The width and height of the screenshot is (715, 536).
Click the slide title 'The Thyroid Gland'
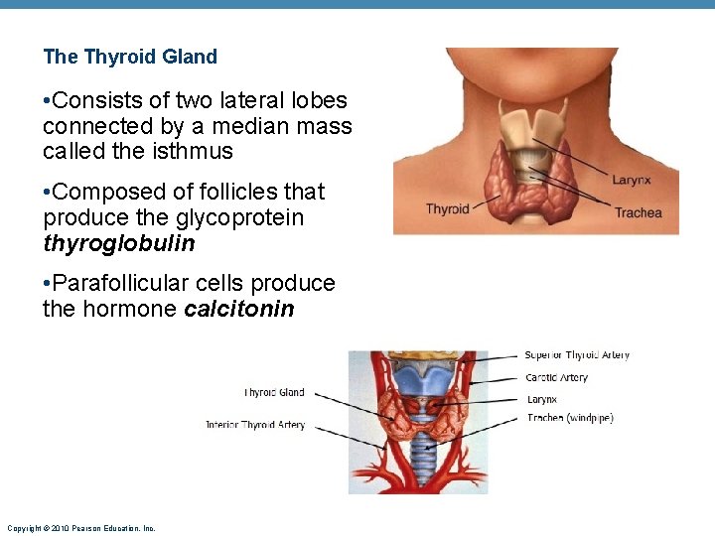(130, 57)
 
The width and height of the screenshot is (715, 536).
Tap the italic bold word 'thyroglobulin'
(118, 243)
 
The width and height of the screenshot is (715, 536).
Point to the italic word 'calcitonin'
(239, 309)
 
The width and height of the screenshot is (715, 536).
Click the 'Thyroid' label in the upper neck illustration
(447, 208)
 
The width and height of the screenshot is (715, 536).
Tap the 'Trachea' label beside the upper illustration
(638, 212)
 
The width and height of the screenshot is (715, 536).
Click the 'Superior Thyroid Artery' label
(577, 355)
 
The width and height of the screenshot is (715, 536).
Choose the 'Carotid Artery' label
(557, 377)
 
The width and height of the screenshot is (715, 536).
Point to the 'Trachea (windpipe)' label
(570, 418)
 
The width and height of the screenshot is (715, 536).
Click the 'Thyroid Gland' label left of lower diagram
(274, 393)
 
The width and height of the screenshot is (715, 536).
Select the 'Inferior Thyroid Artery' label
(255, 425)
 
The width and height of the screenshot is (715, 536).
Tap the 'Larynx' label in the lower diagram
(542, 399)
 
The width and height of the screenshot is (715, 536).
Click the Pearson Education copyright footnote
(80, 528)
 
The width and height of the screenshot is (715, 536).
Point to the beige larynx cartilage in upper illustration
(534, 129)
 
